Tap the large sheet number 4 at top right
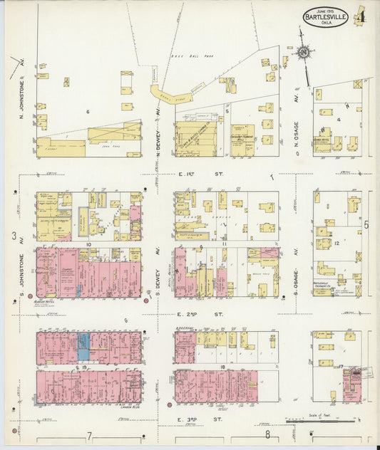pyautogui.click(x=364, y=14)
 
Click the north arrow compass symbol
pyautogui.click(x=304, y=53)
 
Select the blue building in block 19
pyautogui.click(x=83, y=345)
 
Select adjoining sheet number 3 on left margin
pyautogui.click(x=14, y=236)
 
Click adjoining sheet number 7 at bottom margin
pyautogui.click(x=90, y=434)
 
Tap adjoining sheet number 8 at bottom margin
pyautogui.click(x=267, y=434)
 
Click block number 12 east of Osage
pyautogui.click(x=338, y=244)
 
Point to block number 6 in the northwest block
pyautogui.click(x=88, y=112)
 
